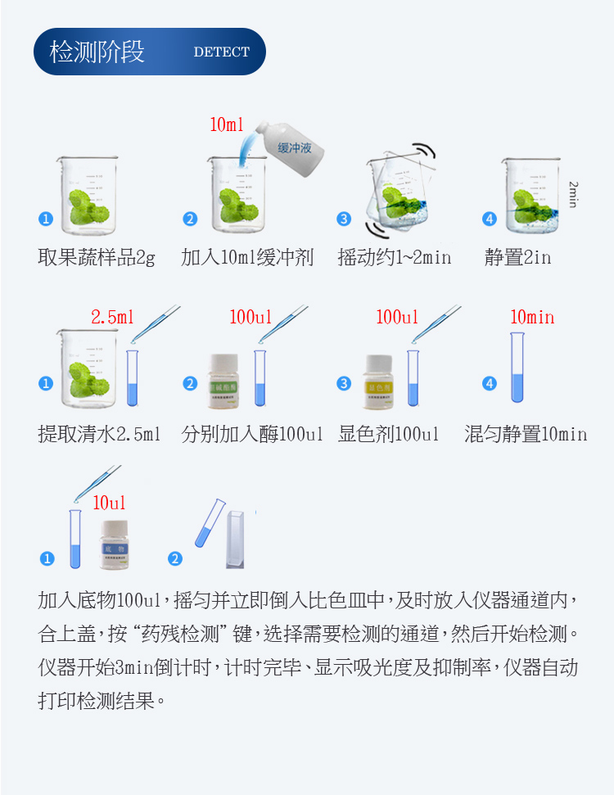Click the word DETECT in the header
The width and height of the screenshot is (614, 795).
[221, 52]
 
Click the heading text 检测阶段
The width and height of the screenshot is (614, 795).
[97, 51]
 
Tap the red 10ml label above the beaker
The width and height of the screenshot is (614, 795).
[227, 125]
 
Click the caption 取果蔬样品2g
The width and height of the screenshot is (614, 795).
[96, 258]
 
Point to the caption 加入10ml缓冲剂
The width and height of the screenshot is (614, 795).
[247, 258]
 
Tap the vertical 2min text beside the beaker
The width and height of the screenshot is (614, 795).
[573, 194]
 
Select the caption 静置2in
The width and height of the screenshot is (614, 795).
[517, 258]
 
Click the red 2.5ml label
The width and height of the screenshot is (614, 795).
[112, 318]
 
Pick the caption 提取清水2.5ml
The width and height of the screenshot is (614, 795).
[99, 434]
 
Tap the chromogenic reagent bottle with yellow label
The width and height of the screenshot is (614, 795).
[379, 382]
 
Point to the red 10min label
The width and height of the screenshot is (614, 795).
[532, 318]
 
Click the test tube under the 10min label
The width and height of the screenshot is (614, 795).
[517, 368]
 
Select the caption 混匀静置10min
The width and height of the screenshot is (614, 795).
[526, 434]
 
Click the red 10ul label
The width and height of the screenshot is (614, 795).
[109, 503]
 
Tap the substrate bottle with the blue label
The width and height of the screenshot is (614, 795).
[114, 544]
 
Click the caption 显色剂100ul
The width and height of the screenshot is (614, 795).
[388, 434]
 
